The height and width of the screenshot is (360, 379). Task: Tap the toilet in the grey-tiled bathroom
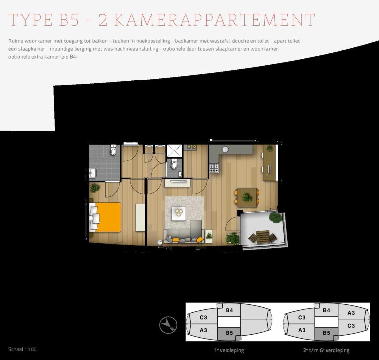[114, 150]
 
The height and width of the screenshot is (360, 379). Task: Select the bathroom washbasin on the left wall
[93, 172]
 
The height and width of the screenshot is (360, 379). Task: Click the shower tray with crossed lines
[174, 151]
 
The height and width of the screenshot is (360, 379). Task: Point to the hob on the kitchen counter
[214, 168]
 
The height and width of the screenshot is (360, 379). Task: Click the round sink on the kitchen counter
[226, 149]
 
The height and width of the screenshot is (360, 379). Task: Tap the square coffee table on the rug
[178, 213]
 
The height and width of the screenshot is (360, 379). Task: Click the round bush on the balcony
[275, 217]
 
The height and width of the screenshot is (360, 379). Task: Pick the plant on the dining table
[247, 198]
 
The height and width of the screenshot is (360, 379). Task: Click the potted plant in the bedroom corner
[95, 188]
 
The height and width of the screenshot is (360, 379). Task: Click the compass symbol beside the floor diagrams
[168, 324]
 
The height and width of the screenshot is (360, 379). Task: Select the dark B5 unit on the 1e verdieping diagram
[229, 333]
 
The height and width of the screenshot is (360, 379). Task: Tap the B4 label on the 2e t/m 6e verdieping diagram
[326, 311]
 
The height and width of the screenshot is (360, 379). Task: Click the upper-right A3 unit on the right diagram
[351, 313]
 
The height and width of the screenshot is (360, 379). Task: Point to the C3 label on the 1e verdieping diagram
[203, 317]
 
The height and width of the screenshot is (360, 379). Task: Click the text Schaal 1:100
[22, 349]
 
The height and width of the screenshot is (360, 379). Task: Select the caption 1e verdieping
[228, 350]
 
